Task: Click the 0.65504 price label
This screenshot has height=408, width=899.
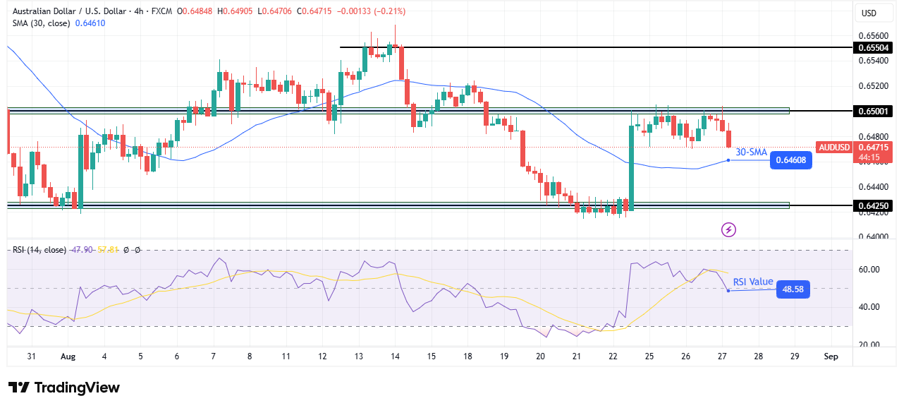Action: pyautogui.click(x=873, y=47)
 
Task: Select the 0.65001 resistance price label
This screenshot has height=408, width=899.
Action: pyautogui.click(x=873, y=111)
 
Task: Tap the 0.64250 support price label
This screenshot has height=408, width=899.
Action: pyautogui.click(x=873, y=205)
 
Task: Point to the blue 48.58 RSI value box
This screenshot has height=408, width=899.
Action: pyautogui.click(x=793, y=289)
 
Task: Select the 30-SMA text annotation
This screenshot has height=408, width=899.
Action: pyautogui.click(x=751, y=152)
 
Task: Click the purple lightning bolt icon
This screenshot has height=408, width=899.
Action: pyautogui.click(x=729, y=229)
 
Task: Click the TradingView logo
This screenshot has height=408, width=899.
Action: pyautogui.click(x=64, y=388)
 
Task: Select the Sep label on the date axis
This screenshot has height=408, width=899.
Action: pyautogui.click(x=831, y=357)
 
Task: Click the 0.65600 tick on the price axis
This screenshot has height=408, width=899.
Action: pyautogui.click(x=873, y=35)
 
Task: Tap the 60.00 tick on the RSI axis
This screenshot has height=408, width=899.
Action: pyautogui.click(x=869, y=269)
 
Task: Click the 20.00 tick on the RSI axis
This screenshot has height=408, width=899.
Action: pyautogui.click(x=869, y=344)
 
